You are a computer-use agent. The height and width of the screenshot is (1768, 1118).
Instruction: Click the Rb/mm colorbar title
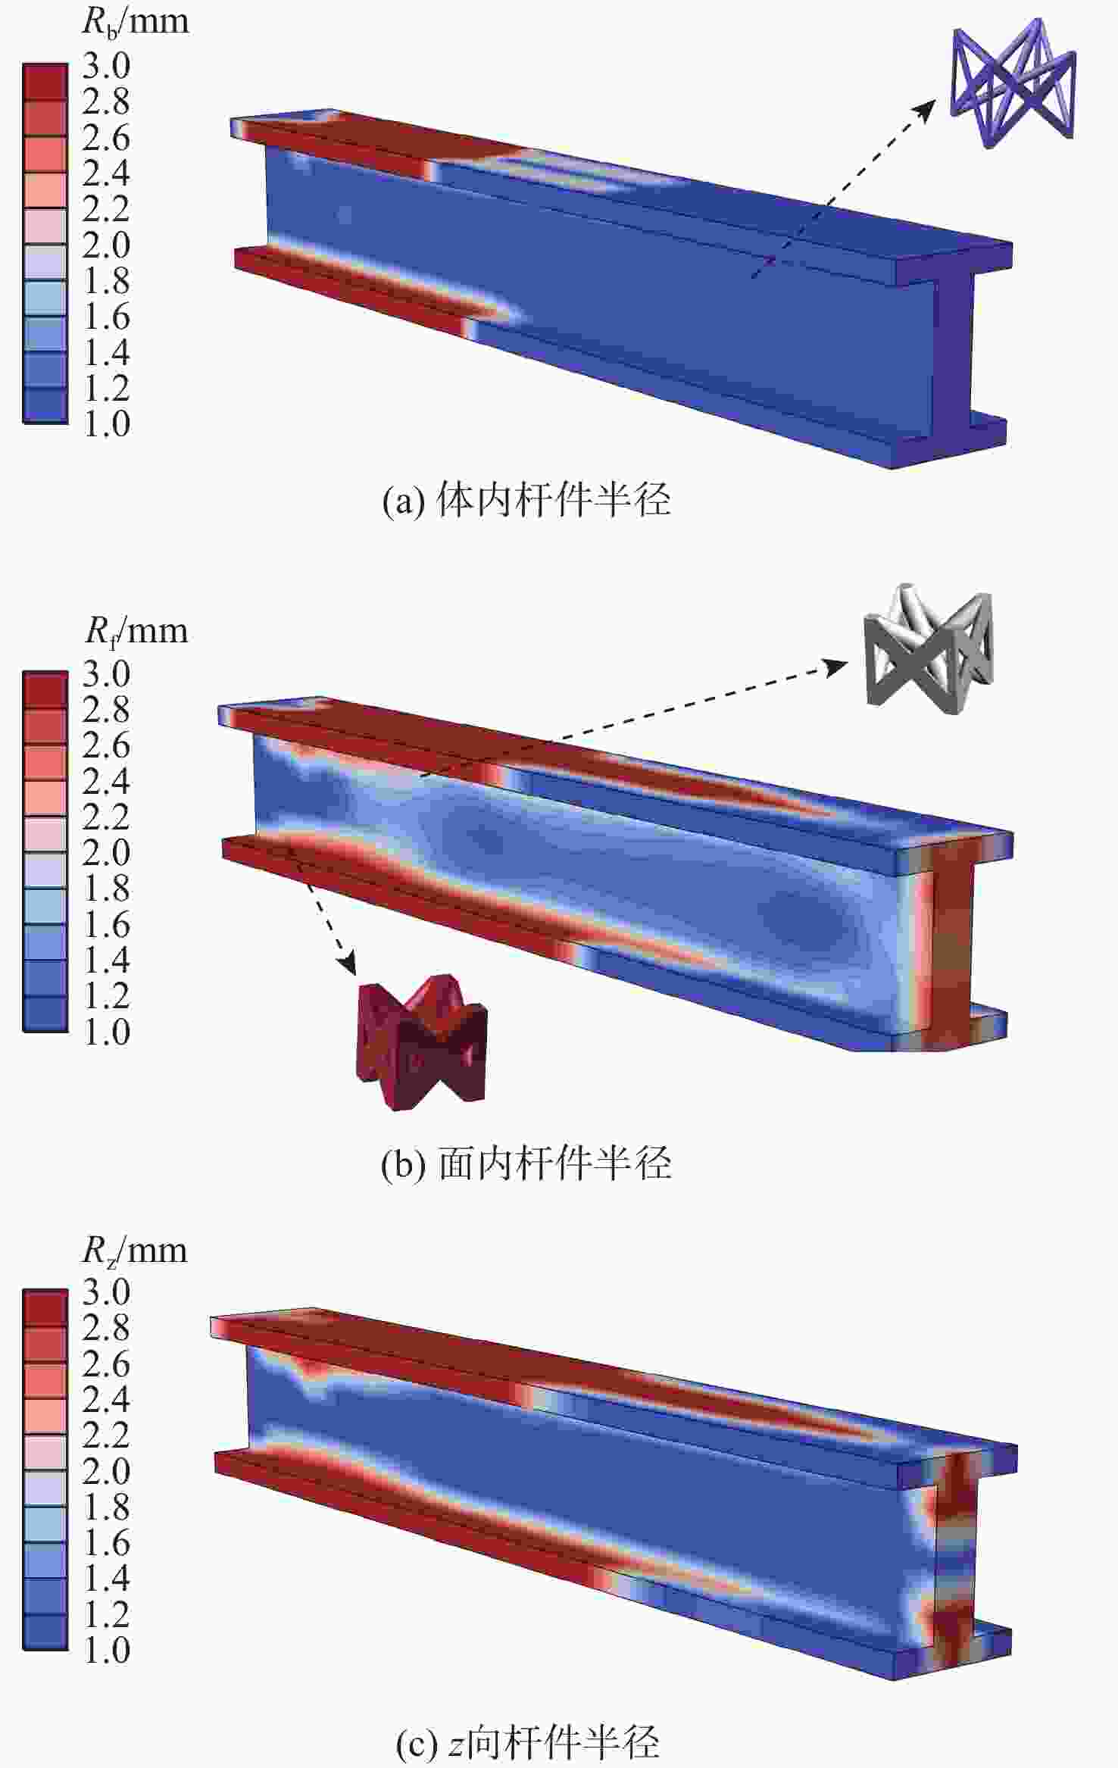[x=136, y=21]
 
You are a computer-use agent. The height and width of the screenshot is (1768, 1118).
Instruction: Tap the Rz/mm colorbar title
[x=135, y=1250]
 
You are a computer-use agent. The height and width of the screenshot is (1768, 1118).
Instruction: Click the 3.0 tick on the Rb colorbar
[x=106, y=66]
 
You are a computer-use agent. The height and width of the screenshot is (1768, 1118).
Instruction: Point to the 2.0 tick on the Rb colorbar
[x=106, y=245]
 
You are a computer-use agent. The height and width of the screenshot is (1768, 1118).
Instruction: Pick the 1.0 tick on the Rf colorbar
[x=106, y=1032]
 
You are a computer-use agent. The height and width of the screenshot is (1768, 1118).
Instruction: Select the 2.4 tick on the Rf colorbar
[x=106, y=781]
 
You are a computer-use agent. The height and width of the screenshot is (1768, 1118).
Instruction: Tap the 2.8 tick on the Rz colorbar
[x=106, y=1328]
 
